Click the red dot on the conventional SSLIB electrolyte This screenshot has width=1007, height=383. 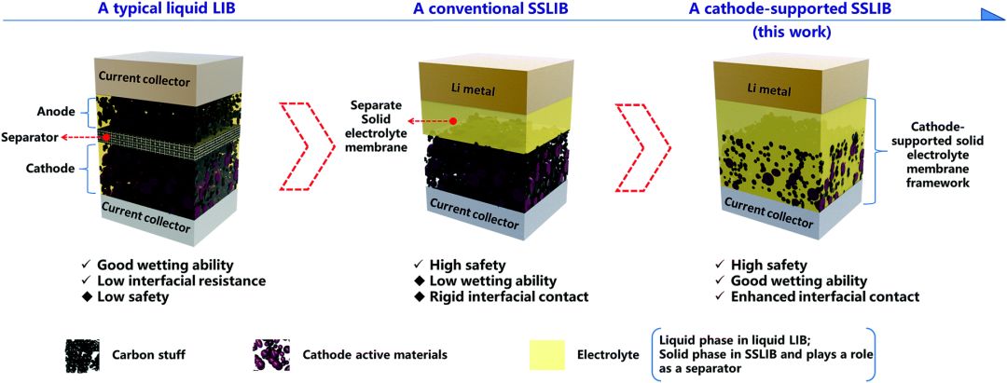453,121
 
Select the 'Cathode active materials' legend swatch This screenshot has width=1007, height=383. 270,354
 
